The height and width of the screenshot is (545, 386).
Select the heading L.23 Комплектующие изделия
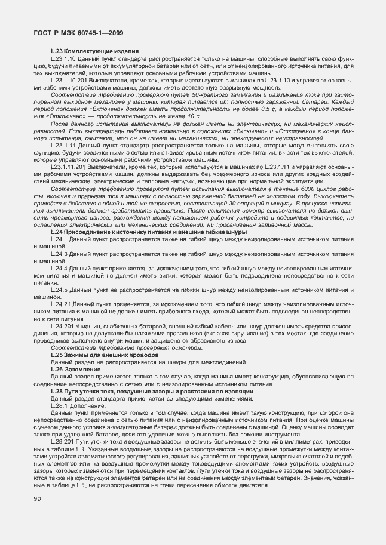[95, 52]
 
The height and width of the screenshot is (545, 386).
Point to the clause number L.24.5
[59, 290]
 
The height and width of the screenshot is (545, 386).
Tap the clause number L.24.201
[63, 326]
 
